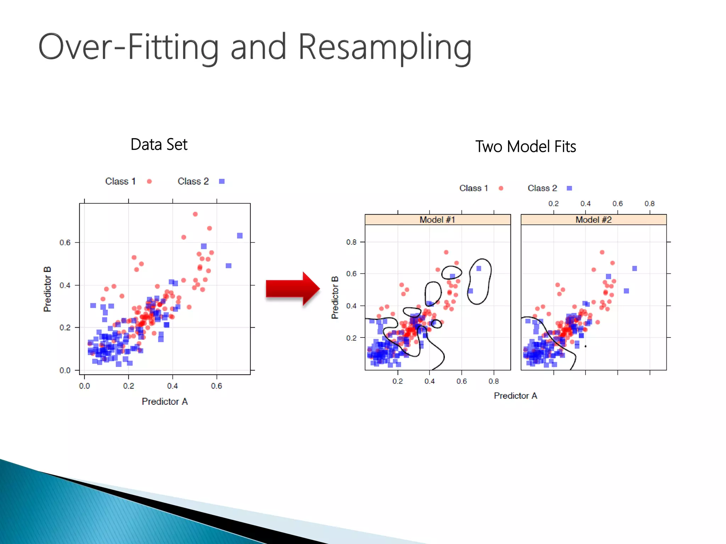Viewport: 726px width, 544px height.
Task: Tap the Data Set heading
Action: coord(159,144)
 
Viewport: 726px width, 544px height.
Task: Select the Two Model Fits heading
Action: coord(525,147)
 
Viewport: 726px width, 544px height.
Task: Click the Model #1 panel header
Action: coord(437,220)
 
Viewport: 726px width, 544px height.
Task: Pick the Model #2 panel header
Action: coord(593,220)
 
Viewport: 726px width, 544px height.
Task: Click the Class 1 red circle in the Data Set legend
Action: coord(149,181)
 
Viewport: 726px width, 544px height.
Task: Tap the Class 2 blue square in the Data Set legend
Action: coord(222,181)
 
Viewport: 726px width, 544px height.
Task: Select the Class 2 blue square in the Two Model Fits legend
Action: coord(569,188)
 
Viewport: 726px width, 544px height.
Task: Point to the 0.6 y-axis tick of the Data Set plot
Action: coord(65,243)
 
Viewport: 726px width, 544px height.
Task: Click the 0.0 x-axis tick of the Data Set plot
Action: coord(84,386)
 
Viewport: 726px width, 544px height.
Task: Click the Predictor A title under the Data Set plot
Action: coord(165,401)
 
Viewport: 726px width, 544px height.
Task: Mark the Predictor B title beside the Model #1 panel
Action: coord(335,297)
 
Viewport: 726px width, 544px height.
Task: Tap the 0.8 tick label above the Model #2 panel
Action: coord(649,204)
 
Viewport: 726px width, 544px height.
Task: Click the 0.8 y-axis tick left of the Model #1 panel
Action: coord(351,242)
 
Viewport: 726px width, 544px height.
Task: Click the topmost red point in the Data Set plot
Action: coord(195,214)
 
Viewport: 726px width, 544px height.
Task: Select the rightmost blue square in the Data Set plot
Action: coord(240,236)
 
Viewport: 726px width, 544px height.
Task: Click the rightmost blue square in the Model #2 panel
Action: coord(635,268)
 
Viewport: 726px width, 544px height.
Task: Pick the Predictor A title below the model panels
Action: coord(515,396)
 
